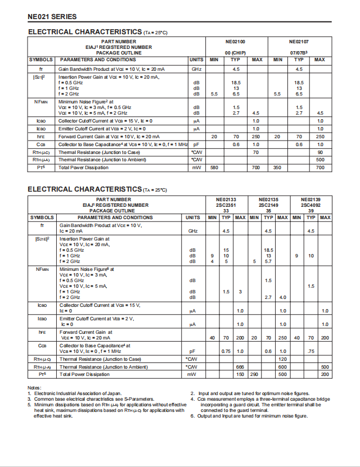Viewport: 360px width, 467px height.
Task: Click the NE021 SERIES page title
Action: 52,17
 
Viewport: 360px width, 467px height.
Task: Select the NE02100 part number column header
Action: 236,42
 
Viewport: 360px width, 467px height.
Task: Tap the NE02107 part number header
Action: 299,42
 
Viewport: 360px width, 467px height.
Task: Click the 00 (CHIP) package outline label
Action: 236,53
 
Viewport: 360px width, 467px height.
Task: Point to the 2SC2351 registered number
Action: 226,205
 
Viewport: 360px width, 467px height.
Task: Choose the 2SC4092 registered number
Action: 310,205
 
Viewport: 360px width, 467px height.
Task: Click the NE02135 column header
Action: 268,200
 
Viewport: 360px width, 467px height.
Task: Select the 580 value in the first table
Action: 214,167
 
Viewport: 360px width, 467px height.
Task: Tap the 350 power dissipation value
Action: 277,167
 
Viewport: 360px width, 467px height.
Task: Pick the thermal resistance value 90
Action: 320,152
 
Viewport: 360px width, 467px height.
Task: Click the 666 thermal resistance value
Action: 240,367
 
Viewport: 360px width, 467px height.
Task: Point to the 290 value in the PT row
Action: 254,374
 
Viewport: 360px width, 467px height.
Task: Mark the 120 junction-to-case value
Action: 282,359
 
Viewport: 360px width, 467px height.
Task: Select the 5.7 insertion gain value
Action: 268,261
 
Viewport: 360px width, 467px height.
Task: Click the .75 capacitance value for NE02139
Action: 310,351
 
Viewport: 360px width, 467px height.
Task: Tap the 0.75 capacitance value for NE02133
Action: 226,351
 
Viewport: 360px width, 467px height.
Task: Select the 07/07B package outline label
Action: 299,53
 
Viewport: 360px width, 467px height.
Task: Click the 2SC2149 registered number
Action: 268,205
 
